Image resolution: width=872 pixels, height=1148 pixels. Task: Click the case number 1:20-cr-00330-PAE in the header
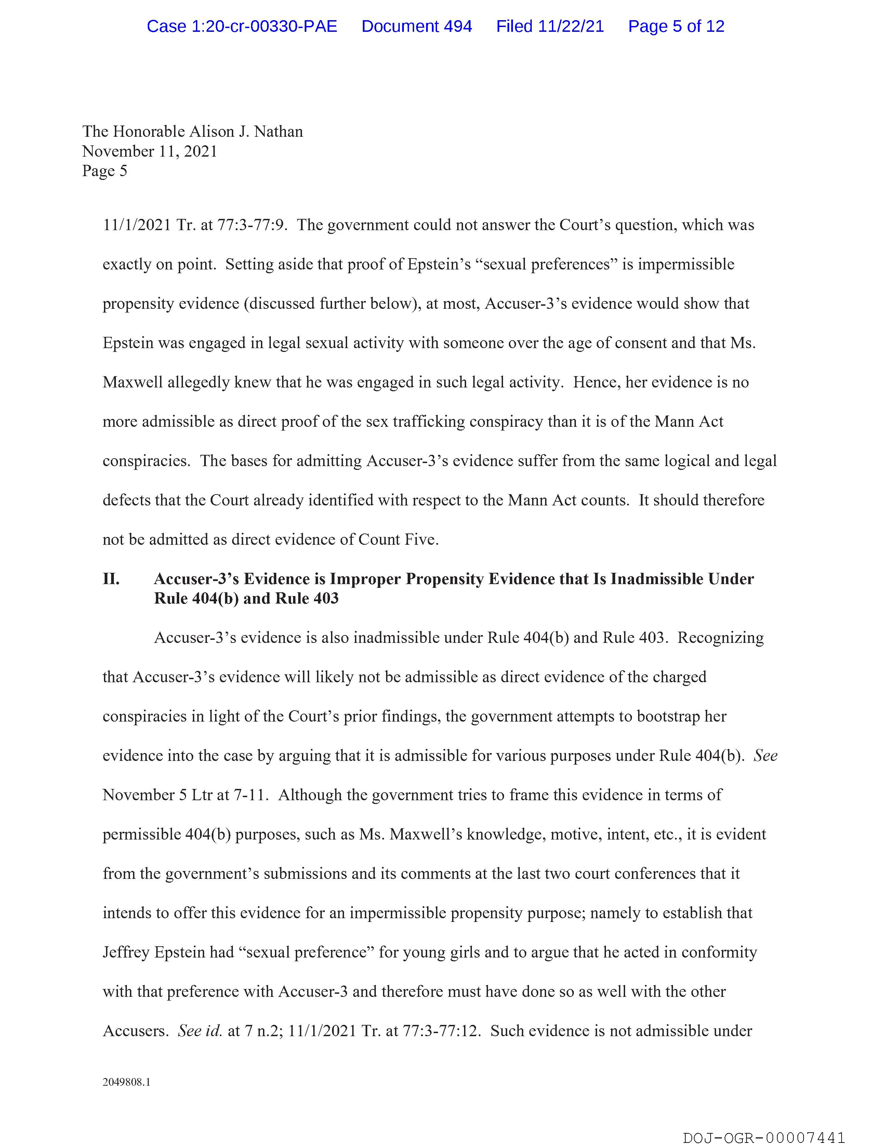pyautogui.click(x=242, y=26)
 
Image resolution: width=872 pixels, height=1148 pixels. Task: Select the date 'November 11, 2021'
pyautogui.click(x=149, y=151)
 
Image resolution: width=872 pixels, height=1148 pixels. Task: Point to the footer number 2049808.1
pyautogui.click(x=126, y=1082)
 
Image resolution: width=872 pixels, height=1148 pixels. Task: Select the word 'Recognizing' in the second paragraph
pyautogui.click(x=721, y=638)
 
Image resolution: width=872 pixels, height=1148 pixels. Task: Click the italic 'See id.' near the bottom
pyautogui.click(x=200, y=1031)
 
